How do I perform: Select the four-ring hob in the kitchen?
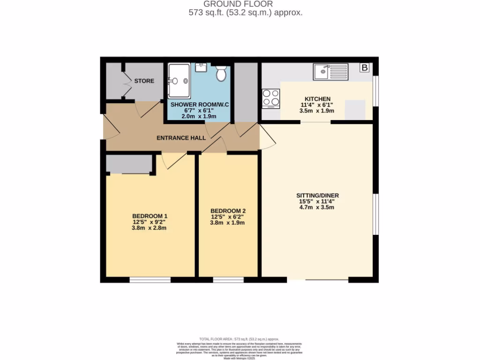coord(270,97)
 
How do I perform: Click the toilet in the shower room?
coord(221,73)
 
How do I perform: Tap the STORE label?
coord(144,81)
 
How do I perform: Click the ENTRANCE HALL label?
coord(181,138)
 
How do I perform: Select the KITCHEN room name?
coord(317,99)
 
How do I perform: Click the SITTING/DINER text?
coord(317,195)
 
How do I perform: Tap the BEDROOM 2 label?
coord(228,210)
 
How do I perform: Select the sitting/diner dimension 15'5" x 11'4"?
coord(317,202)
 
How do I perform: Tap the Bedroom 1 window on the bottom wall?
coord(150,280)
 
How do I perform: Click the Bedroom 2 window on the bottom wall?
coord(228,280)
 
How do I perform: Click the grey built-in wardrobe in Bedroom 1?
coord(129,164)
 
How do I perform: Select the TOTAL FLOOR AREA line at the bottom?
coord(239,339)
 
